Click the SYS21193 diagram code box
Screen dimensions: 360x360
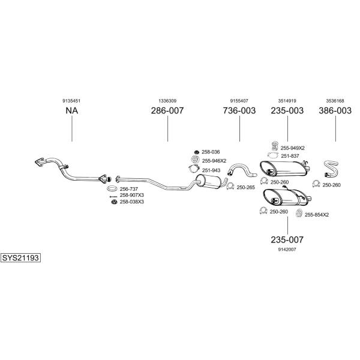pos(20,257)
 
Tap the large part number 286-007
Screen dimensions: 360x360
pos(167,110)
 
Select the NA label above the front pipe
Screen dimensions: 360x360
pos(71,110)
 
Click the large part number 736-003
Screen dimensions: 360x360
pos(239,110)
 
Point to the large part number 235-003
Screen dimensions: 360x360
pos(287,110)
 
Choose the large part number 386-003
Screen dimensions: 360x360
pos(335,110)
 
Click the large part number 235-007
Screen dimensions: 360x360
pos(287,239)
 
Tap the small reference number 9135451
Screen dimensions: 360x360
pos(71,101)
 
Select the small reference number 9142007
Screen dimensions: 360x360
pos(287,250)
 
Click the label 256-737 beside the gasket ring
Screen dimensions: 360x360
pos(129,189)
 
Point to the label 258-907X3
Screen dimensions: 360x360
pos(132,195)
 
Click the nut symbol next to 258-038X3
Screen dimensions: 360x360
pos(113,202)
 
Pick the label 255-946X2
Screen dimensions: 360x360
pos(214,161)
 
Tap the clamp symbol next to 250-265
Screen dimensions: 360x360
pos(230,186)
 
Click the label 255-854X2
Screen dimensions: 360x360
pos(317,215)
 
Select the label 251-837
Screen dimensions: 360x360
pos(290,156)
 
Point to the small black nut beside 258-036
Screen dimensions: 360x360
pos(196,152)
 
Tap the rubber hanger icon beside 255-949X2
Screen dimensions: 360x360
pos(274,146)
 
